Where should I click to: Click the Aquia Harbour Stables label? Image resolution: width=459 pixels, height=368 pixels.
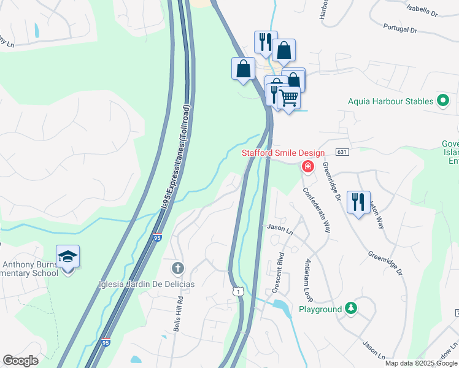tap(390, 101)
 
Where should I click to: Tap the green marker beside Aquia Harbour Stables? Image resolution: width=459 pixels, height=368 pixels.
tap(444, 101)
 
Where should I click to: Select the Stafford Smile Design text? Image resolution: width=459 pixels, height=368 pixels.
tap(283, 153)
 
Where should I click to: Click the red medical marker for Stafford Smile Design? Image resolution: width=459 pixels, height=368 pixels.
tap(307, 166)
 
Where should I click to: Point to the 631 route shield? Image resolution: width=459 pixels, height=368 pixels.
tap(342, 152)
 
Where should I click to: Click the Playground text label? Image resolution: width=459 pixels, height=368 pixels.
tap(320, 309)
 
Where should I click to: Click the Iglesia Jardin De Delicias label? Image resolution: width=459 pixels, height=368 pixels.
tap(147, 284)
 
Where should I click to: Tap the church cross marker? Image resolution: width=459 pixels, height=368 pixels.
tap(178, 268)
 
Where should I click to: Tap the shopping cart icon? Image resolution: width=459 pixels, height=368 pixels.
tap(288, 98)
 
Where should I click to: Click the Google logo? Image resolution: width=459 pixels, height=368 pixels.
tap(20, 361)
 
